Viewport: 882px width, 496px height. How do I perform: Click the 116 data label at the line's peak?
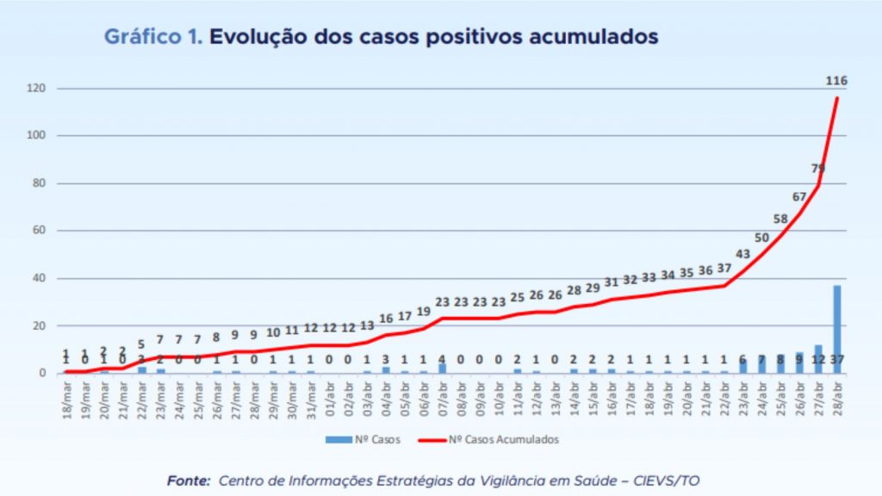[836, 81]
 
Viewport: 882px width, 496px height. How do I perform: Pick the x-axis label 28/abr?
[836, 397]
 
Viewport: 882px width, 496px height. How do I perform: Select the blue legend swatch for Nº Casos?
[338, 439]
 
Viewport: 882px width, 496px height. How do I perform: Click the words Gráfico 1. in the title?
[153, 37]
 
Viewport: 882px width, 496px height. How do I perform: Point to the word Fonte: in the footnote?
[189, 480]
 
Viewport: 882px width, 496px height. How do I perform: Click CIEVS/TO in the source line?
[676, 480]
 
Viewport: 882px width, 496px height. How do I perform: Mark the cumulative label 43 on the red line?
[742, 253]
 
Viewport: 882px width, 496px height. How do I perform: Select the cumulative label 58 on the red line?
[780, 219]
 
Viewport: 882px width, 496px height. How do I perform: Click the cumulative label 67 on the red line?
[799, 196]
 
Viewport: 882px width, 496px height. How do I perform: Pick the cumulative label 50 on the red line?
[761, 237]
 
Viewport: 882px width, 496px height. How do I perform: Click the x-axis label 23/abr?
[742, 397]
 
